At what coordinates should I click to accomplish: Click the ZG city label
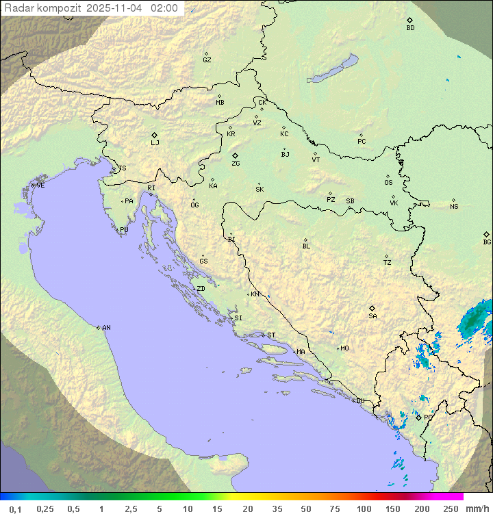(x=236, y=164)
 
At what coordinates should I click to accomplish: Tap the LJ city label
(x=155, y=142)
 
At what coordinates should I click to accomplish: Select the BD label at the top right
(x=410, y=28)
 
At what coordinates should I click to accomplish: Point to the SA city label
(x=372, y=316)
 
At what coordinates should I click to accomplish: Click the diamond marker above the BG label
(x=487, y=234)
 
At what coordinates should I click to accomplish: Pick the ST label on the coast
(x=271, y=335)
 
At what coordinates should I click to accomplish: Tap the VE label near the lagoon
(x=40, y=185)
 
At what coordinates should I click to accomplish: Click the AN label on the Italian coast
(x=106, y=328)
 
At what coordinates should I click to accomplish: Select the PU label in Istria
(x=124, y=230)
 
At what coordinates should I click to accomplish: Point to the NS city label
(x=454, y=207)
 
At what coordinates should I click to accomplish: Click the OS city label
(x=388, y=183)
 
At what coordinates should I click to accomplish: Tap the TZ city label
(x=388, y=263)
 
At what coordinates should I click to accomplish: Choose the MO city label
(x=344, y=348)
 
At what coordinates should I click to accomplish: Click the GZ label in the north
(x=207, y=60)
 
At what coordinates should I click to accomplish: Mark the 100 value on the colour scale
(x=364, y=509)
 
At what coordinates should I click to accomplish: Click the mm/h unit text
(x=475, y=509)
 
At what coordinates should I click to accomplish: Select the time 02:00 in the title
(x=164, y=8)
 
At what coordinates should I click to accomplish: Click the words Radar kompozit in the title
(x=42, y=8)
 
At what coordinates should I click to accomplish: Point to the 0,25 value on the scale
(x=45, y=509)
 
